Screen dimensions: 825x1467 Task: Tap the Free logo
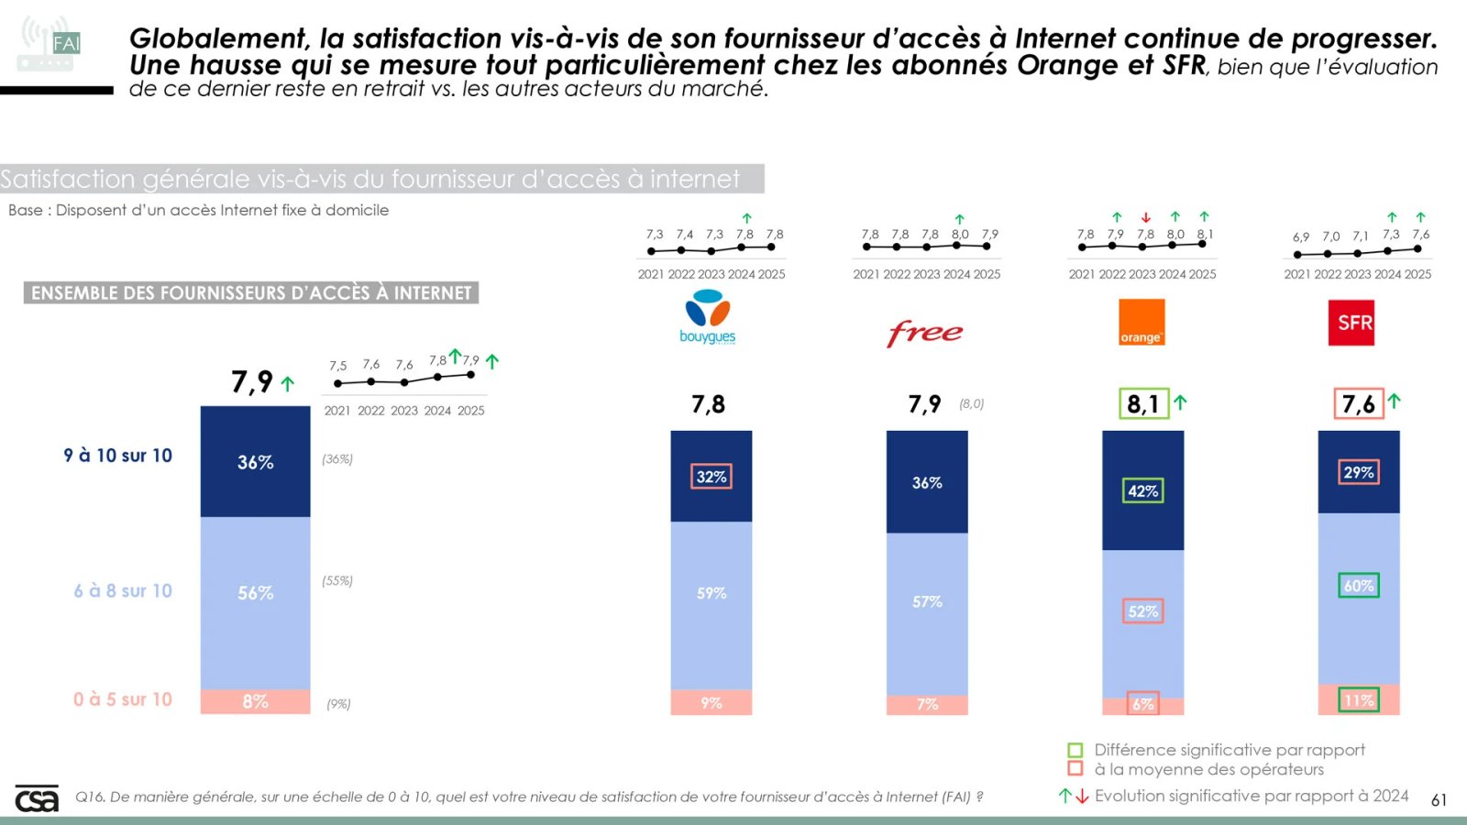[925, 332]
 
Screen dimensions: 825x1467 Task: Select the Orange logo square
[1142, 322]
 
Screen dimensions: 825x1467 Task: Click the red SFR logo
[1351, 323]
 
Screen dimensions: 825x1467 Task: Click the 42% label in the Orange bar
[1142, 491]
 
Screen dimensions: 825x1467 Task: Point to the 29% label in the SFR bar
[1358, 472]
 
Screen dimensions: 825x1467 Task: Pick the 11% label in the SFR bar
[1358, 700]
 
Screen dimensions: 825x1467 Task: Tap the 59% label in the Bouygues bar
[711, 593]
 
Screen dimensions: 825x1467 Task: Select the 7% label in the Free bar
[927, 704]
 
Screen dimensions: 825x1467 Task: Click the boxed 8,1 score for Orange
[1143, 403]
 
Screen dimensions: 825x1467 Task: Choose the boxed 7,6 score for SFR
[1358, 403]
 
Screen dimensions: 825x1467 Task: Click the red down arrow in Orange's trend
[1145, 218]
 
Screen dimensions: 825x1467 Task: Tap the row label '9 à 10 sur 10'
[117, 456]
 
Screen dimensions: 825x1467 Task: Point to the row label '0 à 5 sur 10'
[123, 699]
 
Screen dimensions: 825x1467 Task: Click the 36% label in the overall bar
[256, 462]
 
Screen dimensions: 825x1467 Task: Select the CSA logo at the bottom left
[37, 798]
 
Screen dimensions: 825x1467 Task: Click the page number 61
[1439, 800]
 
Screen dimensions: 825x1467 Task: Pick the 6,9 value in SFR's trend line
[1301, 237]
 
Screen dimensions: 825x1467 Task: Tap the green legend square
[1075, 750]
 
